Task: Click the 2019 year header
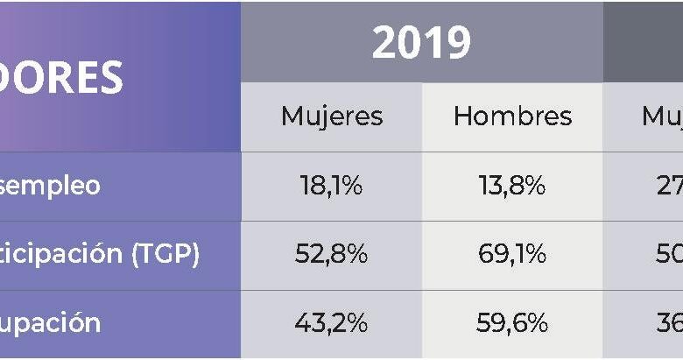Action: tap(421, 43)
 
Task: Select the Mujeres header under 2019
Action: tap(332, 116)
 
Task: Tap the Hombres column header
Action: tap(512, 116)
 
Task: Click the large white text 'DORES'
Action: tap(61, 78)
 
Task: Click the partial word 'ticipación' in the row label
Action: tap(60, 254)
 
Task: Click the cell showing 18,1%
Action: tap(332, 186)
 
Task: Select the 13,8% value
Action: tap(512, 186)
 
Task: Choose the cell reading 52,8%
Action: tap(332, 254)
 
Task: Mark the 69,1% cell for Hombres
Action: tap(512, 254)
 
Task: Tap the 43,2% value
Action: tap(332, 323)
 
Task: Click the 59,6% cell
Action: tap(512, 323)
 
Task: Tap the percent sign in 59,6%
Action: tap(537, 323)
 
